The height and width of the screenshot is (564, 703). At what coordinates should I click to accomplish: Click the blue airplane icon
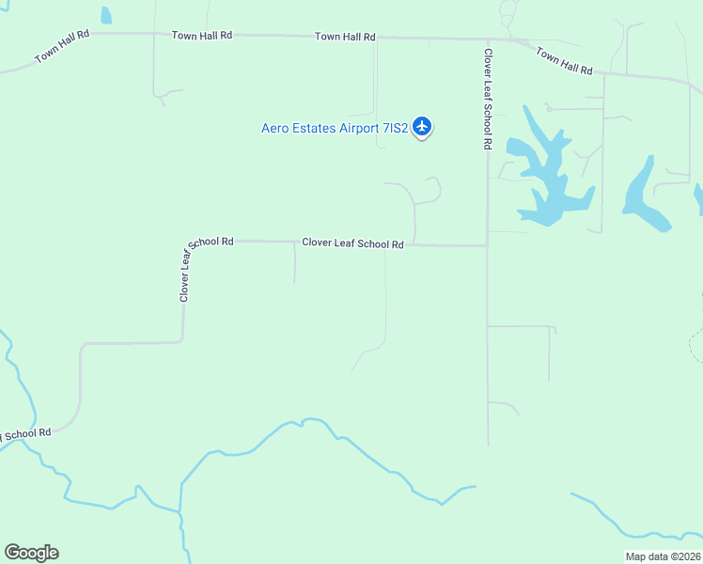(422, 125)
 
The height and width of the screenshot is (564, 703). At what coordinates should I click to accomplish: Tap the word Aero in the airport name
(276, 128)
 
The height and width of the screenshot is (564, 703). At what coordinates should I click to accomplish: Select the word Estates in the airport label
(317, 128)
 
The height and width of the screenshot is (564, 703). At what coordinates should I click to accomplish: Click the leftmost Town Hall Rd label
(62, 45)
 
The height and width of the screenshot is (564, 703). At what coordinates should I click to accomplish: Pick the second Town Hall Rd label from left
(201, 35)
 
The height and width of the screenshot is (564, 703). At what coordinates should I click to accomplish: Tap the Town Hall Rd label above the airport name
(345, 37)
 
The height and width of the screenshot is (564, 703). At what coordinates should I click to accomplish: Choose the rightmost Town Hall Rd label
(565, 61)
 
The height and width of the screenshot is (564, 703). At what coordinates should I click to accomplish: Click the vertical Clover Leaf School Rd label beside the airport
(488, 100)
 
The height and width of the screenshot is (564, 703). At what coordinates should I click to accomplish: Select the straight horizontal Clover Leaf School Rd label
(352, 243)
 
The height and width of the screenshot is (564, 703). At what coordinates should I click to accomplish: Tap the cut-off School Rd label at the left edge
(24, 433)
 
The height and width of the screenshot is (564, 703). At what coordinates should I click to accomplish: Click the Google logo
(31, 553)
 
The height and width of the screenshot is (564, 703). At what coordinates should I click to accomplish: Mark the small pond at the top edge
(106, 14)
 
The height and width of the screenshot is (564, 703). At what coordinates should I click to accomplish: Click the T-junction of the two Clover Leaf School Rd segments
(487, 246)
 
